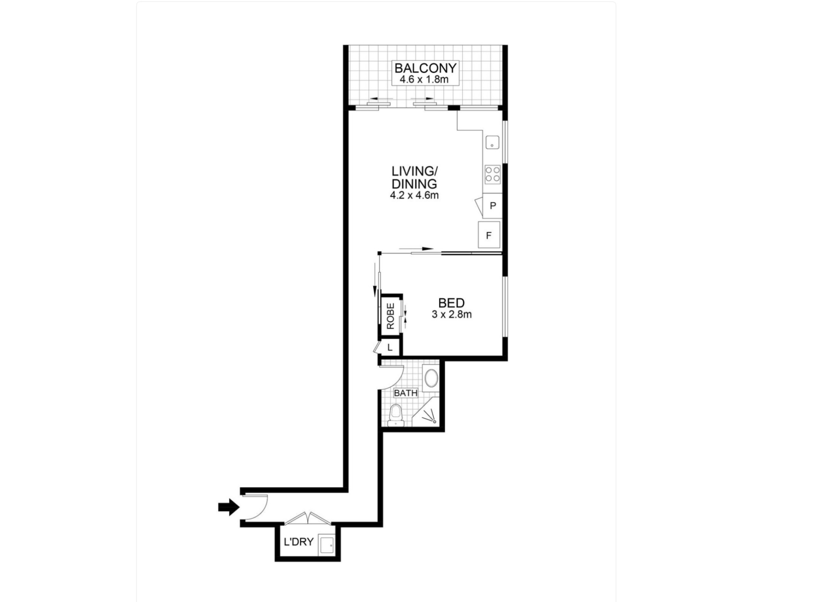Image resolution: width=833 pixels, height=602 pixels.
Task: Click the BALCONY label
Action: pyautogui.click(x=425, y=68)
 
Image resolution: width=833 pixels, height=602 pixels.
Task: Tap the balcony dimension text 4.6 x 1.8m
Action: pyautogui.click(x=424, y=79)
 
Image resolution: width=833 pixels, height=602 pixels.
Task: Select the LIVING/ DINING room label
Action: pyautogui.click(x=415, y=177)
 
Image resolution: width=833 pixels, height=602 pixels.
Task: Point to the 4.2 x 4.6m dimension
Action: pyautogui.click(x=414, y=196)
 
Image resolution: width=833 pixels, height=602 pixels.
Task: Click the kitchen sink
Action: pyautogui.click(x=492, y=142)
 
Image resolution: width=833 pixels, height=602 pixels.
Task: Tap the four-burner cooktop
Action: pyautogui.click(x=493, y=174)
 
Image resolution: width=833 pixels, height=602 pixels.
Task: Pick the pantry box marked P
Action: pyautogui.click(x=492, y=206)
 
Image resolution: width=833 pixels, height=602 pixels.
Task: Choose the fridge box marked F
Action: pyautogui.click(x=489, y=235)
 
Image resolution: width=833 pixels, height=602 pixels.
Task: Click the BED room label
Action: pyautogui.click(x=451, y=303)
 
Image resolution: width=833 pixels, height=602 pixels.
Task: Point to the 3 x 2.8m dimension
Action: pyautogui.click(x=452, y=314)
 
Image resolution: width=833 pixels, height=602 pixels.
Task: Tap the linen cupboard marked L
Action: pyautogui.click(x=390, y=348)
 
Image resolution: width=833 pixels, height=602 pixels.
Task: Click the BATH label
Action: pyautogui.click(x=405, y=393)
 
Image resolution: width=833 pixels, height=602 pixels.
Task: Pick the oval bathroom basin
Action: pyautogui.click(x=431, y=378)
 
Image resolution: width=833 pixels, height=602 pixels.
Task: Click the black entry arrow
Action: pyautogui.click(x=229, y=507)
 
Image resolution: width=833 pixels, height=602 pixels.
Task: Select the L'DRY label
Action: pyautogui.click(x=298, y=542)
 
